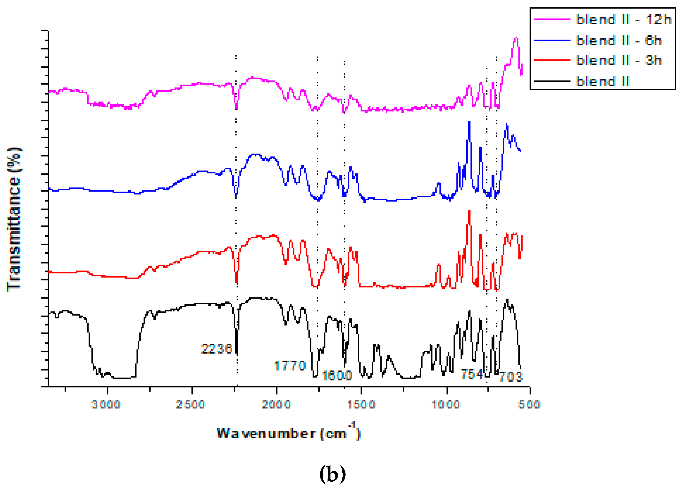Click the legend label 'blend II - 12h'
pyautogui.click(x=624, y=20)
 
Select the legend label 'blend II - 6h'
pyautogui.click(x=619, y=40)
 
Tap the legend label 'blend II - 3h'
pyautogui.click(x=619, y=60)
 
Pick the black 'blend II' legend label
pyautogui.click(x=603, y=81)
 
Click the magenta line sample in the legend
pyautogui.click(x=552, y=19)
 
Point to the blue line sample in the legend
pyautogui.click(x=552, y=40)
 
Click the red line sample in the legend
pyautogui.click(x=552, y=60)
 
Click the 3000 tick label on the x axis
pyautogui.click(x=106, y=404)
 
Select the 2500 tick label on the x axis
pyautogui.click(x=190, y=404)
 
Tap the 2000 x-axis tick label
pyautogui.click(x=276, y=404)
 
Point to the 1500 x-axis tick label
pyautogui.click(x=362, y=404)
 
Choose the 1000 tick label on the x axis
pyautogui.click(x=446, y=404)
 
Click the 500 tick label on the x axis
pyautogui.click(x=529, y=404)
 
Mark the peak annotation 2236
pyautogui.click(x=217, y=349)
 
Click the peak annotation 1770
pyautogui.click(x=290, y=366)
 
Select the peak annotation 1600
pyautogui.click(x=337, y=375)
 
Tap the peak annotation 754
pyautogui.click(x=472, y=374)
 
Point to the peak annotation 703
pyautogui.click(x=511, y=377)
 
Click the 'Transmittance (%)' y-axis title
pyautogui.click(x=13, y=219)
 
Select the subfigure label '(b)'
pyautogui.click(x=332, y=474)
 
